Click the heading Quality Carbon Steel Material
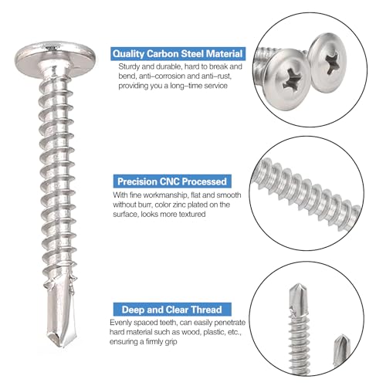[x=178, y=54]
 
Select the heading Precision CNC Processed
[x=172, y=181]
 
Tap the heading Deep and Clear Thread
[x=171, y=310]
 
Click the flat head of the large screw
[x=55, y=56]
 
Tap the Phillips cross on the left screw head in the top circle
[x=292, y=79]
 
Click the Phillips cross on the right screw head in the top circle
[x=330, y=64]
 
